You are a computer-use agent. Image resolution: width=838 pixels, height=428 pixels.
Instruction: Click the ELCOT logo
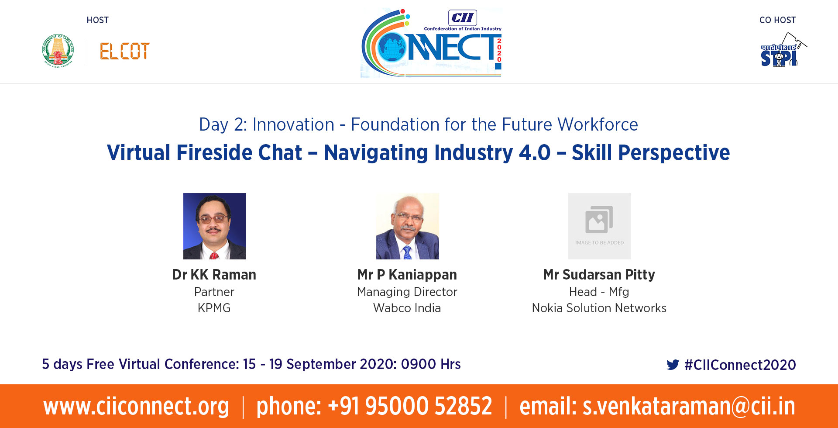click(125, 51)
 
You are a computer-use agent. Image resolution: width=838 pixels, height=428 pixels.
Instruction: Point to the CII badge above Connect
click(463, 18)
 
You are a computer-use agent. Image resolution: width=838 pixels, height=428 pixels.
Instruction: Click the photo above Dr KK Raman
click(215, 226)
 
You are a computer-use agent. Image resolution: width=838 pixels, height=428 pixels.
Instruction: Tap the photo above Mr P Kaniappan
click(408, 226)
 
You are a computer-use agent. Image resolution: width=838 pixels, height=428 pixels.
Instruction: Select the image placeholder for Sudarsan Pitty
click(600, 226)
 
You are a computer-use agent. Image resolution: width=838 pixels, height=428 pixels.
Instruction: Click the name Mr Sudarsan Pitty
click(599, 275)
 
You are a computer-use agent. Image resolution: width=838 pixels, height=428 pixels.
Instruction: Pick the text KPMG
click(214, 308)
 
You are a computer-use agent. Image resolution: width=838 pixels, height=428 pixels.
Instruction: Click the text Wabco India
click(407, 308)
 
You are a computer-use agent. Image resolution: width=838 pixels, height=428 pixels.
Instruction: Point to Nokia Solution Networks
click(599, 308)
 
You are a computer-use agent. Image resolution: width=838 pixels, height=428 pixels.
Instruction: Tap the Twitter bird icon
click(673, 365)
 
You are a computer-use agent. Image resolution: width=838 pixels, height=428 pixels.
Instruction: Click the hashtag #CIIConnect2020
click(740, 365)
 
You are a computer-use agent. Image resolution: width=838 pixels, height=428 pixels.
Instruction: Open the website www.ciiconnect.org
click(136, 406)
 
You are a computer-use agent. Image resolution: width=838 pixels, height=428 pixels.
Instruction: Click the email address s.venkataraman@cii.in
click(689, 406)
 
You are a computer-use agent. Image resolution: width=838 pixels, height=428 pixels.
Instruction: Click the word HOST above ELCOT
click(98, 20)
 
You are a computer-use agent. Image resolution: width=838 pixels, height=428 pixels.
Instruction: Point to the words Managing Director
click(407, 292)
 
